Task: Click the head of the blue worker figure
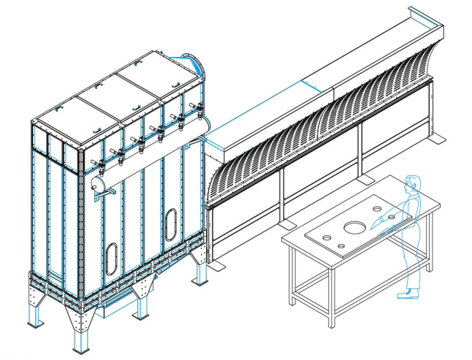pyautogui.click(x=413, y=183)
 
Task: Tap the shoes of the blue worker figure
pyautogui.click(x=405, y=294)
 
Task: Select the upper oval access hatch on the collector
pyautogui.click(x=171, y=221)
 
